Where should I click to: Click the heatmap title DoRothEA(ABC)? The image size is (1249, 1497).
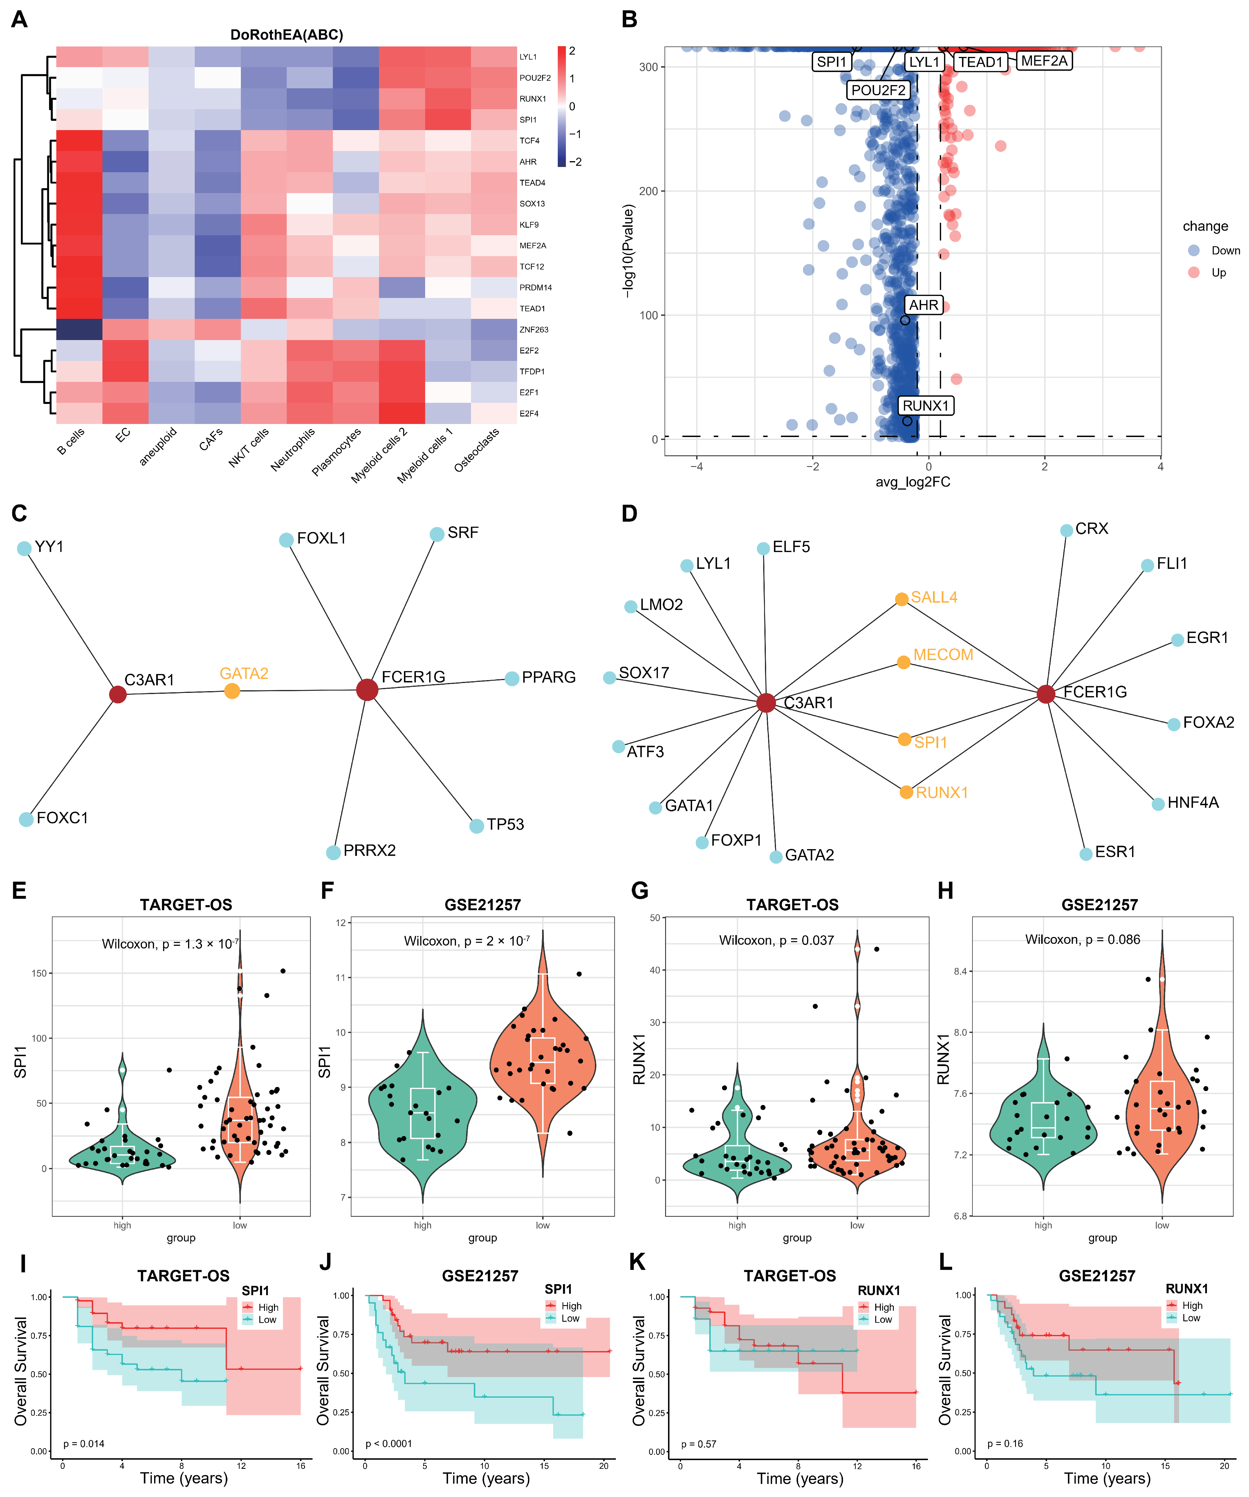click(x=286, y=34)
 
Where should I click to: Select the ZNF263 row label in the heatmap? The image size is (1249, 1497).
click(x=534, y=329)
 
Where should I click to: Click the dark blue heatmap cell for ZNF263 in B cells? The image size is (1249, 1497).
click(x=79, y=329)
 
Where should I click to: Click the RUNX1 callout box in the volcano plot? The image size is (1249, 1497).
click(x=925, y=406)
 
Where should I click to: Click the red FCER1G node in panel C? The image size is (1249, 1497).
click(x=367, y=689)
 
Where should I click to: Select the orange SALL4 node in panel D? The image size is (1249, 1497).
click(x=901, y=599)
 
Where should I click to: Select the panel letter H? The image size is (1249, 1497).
click(x=945, y=890)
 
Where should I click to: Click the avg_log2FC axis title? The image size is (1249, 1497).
click(x=913, y=482)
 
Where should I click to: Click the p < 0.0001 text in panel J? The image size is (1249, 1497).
click(x=388, y=1444)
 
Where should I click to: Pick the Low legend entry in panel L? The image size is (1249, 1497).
click(x=1191, y=1318)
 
